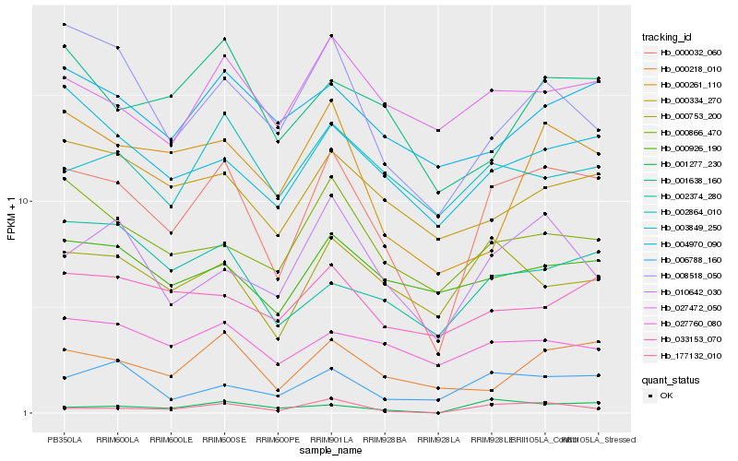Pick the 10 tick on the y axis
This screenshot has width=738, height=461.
pyautogui.click(x=26, y=201)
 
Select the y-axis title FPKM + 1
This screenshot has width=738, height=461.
pyautogui.click(x=11, y=219)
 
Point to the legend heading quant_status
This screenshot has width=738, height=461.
pyautogui.click(x=673, y=380)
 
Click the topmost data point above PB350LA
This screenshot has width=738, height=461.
pyautogui.click(x=64, y=24)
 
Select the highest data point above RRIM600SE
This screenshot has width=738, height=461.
pyautogui.click(x=224, y=39)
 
